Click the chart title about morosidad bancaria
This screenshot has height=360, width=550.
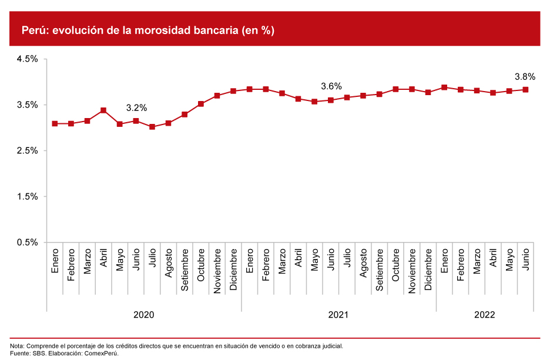click(x=148, y=31)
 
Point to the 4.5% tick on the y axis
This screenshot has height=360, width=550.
click(x=27, y=59)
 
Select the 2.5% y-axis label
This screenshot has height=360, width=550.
click(x=27, y=150)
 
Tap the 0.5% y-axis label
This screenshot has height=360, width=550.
click(x=27, y=242)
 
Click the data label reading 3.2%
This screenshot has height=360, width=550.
click(x=136, y=107)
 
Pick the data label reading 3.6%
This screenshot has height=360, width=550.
click(x=331, y=86)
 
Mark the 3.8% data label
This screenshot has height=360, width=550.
click(x=525, y=76)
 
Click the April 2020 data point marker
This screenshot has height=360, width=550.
click(x=103, y=110)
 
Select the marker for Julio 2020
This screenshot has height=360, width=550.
click(x=152, y=127)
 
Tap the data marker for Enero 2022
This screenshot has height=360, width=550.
click(x=444, y=88)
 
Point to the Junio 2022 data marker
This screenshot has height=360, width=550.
click(x=525, y=90)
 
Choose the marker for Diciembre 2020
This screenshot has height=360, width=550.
click(x=233, y=91)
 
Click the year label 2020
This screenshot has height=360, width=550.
click(x=143, y=315)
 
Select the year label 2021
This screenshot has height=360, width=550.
click(x=338, y=315)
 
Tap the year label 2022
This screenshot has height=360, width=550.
click(x=485, y=315)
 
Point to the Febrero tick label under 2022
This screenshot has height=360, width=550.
click(x=461, y=265)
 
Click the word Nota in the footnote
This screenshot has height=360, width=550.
click(x=17, y=346)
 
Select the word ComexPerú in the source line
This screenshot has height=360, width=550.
click(x=102, y=353)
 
